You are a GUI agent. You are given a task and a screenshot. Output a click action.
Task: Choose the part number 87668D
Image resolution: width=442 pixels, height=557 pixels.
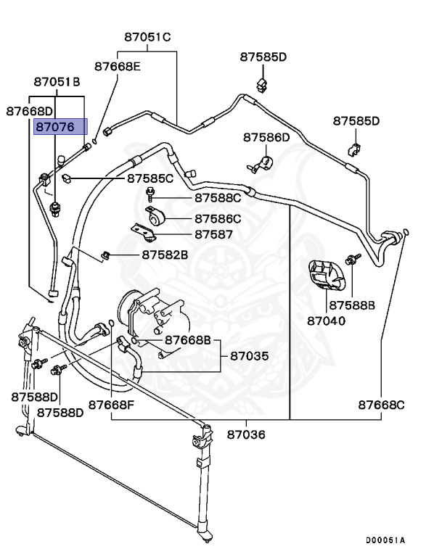[x=30, y=111]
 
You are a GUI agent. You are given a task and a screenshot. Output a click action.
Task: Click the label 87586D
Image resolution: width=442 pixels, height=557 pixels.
[x=266, y=136]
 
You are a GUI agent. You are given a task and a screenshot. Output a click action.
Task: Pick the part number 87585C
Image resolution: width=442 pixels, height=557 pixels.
[x=150, y=178]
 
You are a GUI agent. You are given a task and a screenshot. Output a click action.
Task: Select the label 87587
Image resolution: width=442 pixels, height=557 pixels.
[x=213, y=234]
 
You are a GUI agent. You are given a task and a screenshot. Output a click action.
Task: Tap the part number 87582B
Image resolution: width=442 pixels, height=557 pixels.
[x=165, y=255]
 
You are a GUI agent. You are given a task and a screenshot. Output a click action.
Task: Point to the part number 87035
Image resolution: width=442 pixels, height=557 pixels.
[x=250, y=356]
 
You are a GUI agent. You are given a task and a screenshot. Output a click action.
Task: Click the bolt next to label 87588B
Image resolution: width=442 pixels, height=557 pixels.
[x=352, y=260]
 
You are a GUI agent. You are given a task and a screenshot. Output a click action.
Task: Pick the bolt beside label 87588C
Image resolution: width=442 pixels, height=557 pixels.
[x=150, y=194]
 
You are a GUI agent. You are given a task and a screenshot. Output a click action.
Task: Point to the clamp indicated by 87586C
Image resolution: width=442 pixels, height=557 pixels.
[x=155, y=217]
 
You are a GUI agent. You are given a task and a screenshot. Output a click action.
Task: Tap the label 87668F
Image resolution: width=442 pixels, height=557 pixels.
[x=111, y=404]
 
